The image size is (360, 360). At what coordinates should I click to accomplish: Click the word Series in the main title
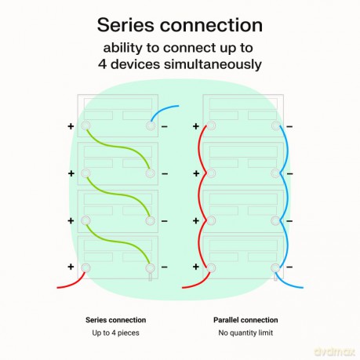[x=125, y=25]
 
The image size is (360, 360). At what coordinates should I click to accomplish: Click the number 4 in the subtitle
[x=102, y=64]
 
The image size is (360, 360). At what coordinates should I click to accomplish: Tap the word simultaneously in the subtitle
[x=213, y=64]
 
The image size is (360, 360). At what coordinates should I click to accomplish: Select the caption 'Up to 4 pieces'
[x=115, y=333]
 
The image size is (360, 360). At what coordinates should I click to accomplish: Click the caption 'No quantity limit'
[x=245, y=333]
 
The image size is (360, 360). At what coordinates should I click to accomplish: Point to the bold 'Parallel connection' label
[x=245, y=320]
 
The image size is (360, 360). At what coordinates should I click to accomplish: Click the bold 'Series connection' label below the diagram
[x=115, y=320]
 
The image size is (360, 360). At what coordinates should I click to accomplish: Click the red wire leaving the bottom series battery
[x=72, y=283]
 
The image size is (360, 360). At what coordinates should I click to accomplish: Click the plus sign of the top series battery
[x=71, y=126]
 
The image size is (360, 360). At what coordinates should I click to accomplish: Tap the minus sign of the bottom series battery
[x=165, y=267]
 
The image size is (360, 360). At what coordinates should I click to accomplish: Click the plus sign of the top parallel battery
[x=196, y=126]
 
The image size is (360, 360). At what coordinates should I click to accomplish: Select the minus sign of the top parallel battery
[x=289, y=127]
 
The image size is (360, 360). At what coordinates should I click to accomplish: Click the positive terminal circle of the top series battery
[x=85, y=125]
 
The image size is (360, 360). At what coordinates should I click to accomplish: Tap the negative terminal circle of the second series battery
[x=151, y=173]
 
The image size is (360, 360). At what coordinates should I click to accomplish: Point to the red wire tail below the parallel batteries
[x=197, y=283]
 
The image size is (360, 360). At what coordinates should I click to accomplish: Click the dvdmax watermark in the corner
[x=335, y=351]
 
